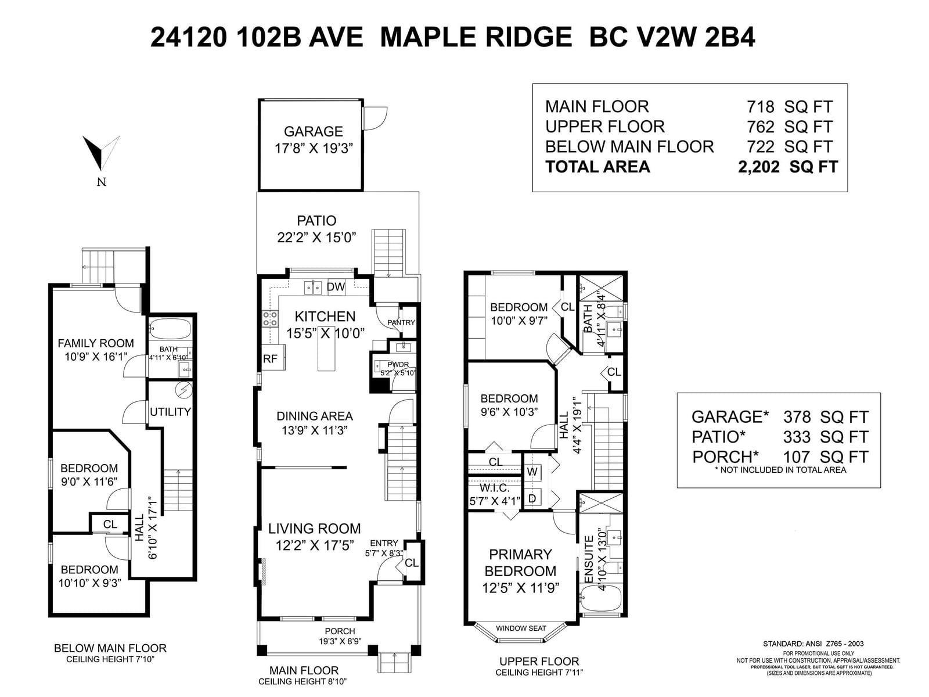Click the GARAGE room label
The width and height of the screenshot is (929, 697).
(x=313, y=132)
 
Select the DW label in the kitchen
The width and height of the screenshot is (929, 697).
(x=336, y=287)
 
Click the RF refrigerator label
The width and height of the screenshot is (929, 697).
(x=270, y=358)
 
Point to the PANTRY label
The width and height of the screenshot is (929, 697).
(x=401, y=322)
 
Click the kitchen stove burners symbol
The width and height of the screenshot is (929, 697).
(x=270, y=319)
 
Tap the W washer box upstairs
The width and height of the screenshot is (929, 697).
(x=532, y=472)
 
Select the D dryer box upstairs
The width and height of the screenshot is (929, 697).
(x=532, y=498)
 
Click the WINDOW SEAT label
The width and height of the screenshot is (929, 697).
(x=521, y=628)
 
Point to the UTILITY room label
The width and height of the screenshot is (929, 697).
(x=170, y=412)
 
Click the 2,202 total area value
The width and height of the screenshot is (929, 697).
(x=758, y=167)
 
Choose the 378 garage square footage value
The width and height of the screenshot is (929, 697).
(x=797, y=417)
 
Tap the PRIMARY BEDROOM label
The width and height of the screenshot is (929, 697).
(x=520, y=562)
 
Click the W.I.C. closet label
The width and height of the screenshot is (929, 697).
(x=494, y=488)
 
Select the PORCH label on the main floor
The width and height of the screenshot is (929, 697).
(x=340, y=631)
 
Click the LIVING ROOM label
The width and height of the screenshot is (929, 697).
(x=315, y=529)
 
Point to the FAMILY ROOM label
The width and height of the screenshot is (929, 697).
(x=96, y=343)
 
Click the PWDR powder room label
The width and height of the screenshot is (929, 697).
(x=398, y=364)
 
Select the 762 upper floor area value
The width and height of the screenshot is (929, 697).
(x=760, y=127)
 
